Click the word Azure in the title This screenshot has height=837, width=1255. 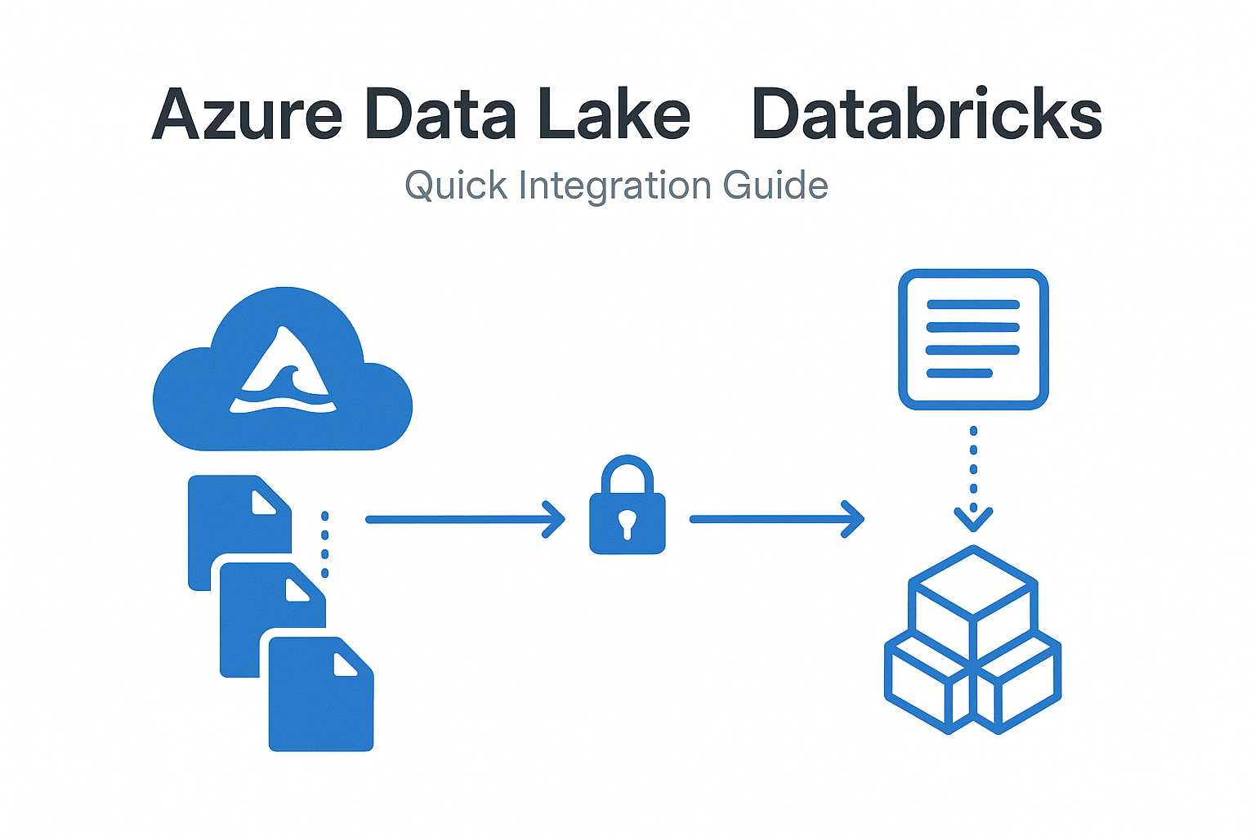[247, 115]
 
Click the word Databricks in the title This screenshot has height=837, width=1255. [927, 115]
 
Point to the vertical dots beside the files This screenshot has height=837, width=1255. [325, 544]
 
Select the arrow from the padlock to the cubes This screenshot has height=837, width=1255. [776, 519]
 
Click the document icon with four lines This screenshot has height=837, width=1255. [972, 338]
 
